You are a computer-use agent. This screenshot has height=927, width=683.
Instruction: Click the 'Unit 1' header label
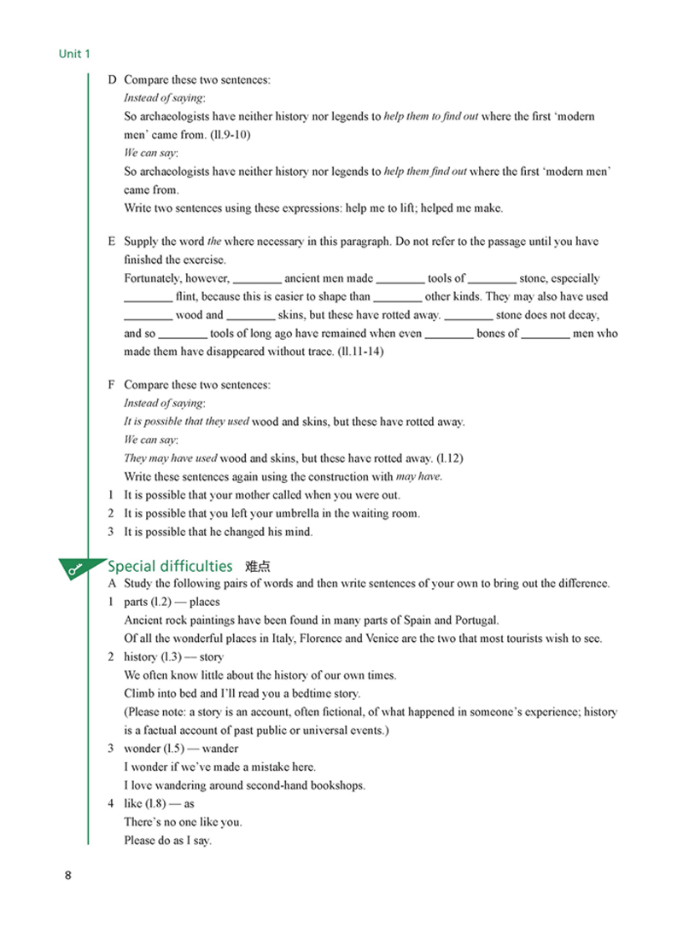[74, 54]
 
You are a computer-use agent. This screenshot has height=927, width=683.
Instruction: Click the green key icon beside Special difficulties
[79, 568]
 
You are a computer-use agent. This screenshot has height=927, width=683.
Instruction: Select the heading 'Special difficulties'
[170, 566]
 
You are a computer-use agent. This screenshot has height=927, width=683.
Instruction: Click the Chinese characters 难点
[257, 566]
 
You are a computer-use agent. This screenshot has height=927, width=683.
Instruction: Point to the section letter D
[112, 80]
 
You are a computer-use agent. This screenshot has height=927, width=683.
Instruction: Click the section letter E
[112, 242]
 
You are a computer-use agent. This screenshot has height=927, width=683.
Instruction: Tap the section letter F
[112, 385]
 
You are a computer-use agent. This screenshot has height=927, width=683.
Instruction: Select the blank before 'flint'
[148, 297]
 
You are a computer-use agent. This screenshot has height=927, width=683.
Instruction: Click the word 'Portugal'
[476, 621]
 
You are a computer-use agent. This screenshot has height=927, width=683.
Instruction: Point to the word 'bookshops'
[335, 785]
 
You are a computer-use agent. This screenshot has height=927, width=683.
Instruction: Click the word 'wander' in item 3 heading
[220, 749]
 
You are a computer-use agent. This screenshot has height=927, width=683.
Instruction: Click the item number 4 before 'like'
[111, 803]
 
